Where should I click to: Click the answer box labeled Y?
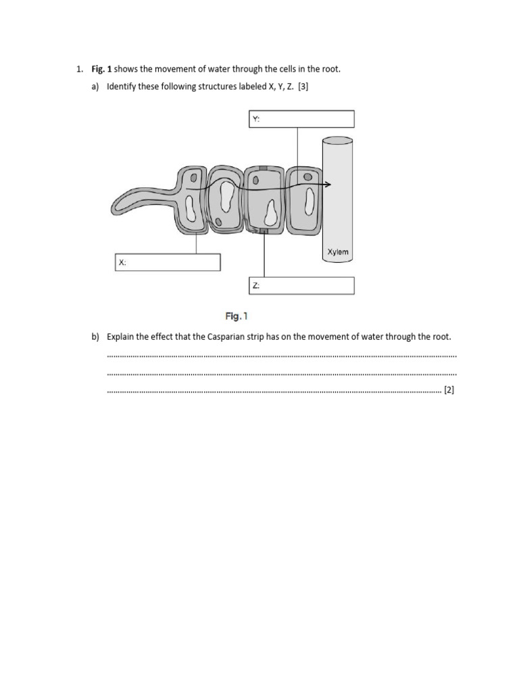click(301, 119)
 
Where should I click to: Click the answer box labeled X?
click(168, 262)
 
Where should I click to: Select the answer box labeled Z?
click(301, 286)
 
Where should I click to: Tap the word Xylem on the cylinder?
click(338, 252)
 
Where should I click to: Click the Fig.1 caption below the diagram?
click(237, 316)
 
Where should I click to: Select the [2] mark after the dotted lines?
click(449, 390)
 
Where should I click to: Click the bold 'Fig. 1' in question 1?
click(101, 69)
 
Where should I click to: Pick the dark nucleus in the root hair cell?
click(194, 179)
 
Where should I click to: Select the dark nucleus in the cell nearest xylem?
click(307, 177)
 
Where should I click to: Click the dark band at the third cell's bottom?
click(264, 232)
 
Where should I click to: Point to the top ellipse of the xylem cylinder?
click(337, 141)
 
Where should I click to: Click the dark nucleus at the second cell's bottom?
click(219, 221)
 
